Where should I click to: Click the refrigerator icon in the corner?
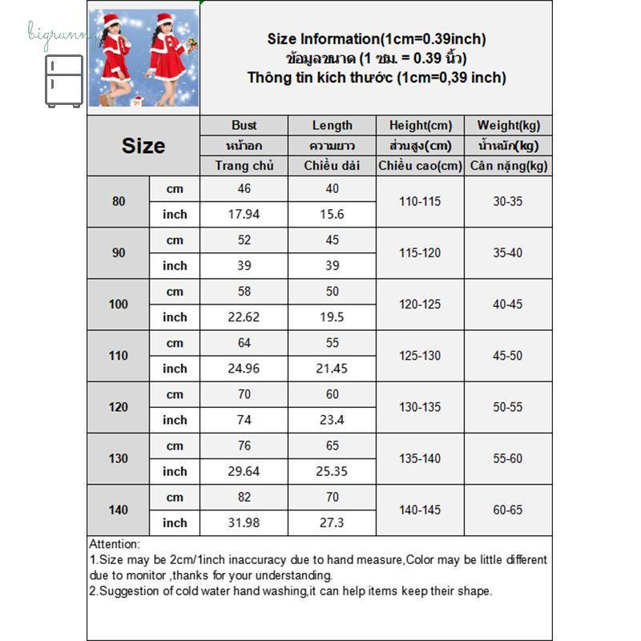pyautogui.click(x=64, y=80)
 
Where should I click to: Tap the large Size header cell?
pyautogui.click(x=143, y=146)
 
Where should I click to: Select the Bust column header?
pyautogui.click(x=244, y=125)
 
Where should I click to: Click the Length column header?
pyautogui.click(x=333, y=125)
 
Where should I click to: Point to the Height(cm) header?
pyautogui.click(x=421, y=125)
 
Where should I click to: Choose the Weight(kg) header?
pyautogui.click(x=509, y=125)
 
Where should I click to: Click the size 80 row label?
pyautogui.click(x=119, y=201)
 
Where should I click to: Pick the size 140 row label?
pyautogui.click(x=119, y=510)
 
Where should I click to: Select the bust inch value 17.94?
pyautogui.click(x=244, y=214)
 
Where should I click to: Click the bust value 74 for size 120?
pyautogui.click(x=244, y=420)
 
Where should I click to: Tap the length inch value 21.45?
pyautogui.click(x=333, y=369)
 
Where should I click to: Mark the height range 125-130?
pyautogui.click(x=421, y=356)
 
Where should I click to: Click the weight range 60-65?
pyautogui.click(x=509, y=510)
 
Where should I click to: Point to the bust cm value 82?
pyautogui.click(x=244, y=497)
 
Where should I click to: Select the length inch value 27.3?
pyautogui.click(x=333, y=522)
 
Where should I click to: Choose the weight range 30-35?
pyautogui.click(x=509, y=201)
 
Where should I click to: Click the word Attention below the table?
pyautogui.click(x=115, y=544)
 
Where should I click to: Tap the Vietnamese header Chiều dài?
pyautogui.click(x=333, y=166)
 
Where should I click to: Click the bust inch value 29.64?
pyautogui.click(x=244, y=471)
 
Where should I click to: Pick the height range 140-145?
pyautogui.click(x=421, y=510)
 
